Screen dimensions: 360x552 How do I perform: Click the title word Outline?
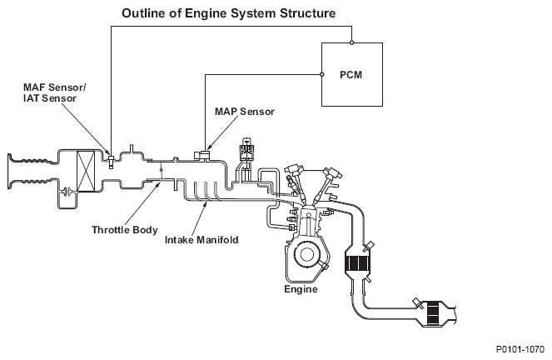point(143,14)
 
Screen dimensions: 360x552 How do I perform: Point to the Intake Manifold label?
point(203,239)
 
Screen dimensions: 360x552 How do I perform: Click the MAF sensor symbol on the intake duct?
point(111,158)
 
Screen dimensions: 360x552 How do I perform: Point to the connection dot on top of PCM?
point(352,42)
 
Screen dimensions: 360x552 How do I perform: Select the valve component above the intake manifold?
point(247,153)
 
